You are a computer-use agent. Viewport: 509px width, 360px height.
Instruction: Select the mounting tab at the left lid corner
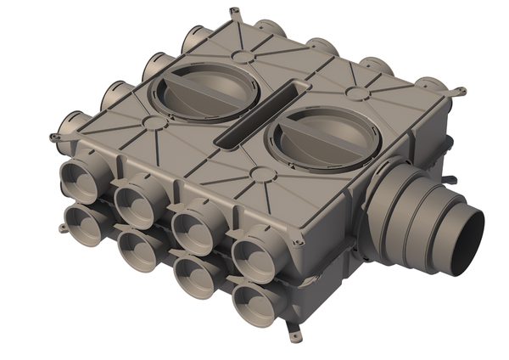tap(54, 136)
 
